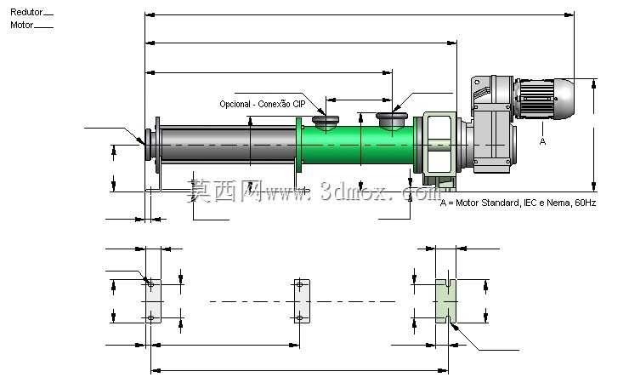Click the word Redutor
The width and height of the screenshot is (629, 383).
click(26, 12)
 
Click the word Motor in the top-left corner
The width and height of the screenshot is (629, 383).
click(21, 25)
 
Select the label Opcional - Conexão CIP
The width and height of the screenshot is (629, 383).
click(263, 104)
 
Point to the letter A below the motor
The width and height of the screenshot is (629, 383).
click(542, 141)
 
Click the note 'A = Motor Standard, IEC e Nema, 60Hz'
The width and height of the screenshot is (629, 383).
click(518, 203)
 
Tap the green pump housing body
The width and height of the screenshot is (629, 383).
click(357, 145)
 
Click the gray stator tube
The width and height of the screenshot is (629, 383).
click(228, 145)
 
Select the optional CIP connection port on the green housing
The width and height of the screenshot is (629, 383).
click(326, 122)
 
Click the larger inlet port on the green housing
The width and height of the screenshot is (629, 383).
click(392, 120)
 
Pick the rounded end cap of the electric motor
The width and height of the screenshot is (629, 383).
click(564, 99)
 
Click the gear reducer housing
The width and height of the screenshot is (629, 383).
click(493, 124)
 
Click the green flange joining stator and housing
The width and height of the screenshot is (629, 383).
click(298, 145)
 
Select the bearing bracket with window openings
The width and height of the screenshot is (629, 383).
click(438, 145)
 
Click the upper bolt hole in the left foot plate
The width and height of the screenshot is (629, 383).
click(150, 284)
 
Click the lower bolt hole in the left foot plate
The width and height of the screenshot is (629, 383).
click(150, 318)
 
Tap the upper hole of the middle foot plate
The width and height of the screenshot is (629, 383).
click(299, 284)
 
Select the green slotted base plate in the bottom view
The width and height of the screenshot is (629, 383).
click(445, 301)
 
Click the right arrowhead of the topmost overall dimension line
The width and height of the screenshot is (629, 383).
click(569, 14)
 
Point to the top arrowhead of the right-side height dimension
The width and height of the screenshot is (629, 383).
click(594, 83)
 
